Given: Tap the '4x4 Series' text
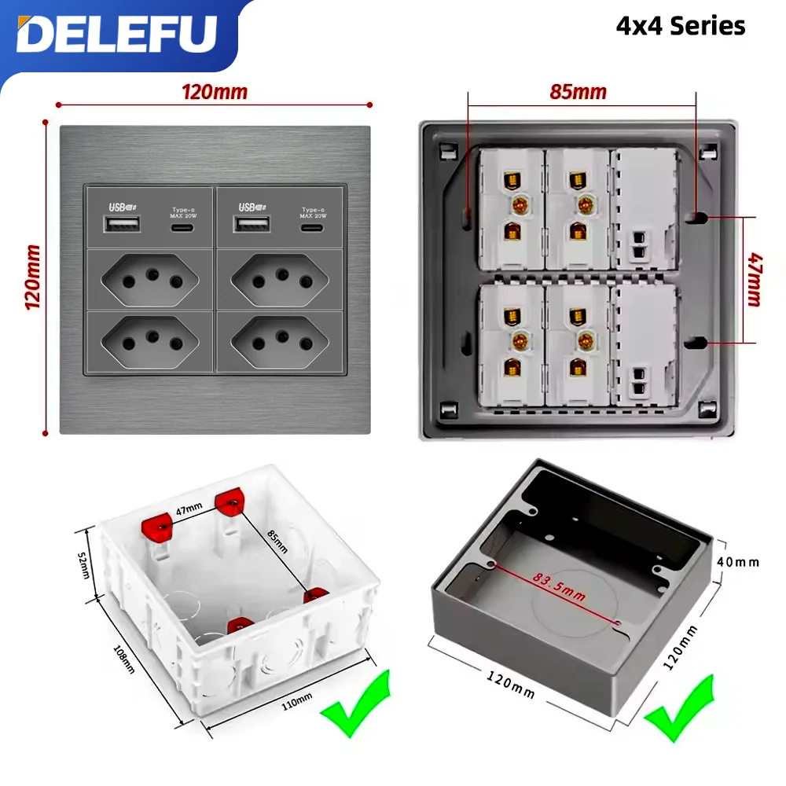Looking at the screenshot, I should coord(680,26).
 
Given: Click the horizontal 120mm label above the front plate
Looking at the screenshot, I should coord(214,92).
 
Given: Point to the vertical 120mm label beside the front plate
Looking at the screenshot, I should coord(33,277).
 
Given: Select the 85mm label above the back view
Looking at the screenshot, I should coord(578,92).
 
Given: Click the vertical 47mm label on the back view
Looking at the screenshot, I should coord(754,279).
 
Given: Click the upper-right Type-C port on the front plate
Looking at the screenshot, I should coord(312,227).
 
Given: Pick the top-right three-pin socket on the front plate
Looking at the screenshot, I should coord(281,279).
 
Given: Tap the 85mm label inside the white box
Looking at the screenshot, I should coord(277,542).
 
